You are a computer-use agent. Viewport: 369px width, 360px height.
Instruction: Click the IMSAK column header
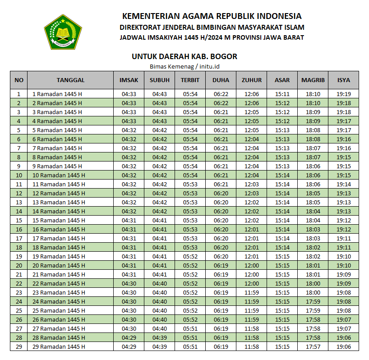coord(129,80)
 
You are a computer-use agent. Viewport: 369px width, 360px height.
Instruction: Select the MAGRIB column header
coord(313,80)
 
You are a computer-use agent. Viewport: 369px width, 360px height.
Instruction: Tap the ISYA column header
coord(344,80)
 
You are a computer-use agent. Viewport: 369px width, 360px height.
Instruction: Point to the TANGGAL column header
coord(70,80)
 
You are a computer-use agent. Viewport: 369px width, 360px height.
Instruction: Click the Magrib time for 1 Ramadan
coord(313,94)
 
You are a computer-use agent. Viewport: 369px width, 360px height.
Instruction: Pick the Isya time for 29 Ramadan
coord(344,346)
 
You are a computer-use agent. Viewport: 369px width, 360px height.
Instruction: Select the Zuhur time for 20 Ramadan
coord(252,265)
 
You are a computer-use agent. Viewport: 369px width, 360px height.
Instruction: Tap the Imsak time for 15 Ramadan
coord(129,220)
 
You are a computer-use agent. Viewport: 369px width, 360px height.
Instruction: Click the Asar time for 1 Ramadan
coord(282,94)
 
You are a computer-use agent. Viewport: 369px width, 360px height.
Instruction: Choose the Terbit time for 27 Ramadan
coord(190,328)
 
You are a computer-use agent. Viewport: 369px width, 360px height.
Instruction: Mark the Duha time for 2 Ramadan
coord(221,103)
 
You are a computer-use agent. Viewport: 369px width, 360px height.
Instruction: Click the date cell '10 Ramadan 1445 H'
coord(59,175)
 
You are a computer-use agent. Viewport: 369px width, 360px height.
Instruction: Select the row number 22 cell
coord(19,283)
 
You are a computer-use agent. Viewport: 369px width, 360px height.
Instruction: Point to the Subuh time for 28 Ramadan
coord(160,337)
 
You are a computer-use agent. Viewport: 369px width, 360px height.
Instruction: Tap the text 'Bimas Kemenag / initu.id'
coord(184,66)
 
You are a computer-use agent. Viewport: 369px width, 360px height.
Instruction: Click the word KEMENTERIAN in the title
coord(152,16)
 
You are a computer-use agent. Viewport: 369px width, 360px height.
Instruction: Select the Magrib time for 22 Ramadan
coord(313,283)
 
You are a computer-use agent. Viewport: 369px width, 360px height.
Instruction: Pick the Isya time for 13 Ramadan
coord(344,202)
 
